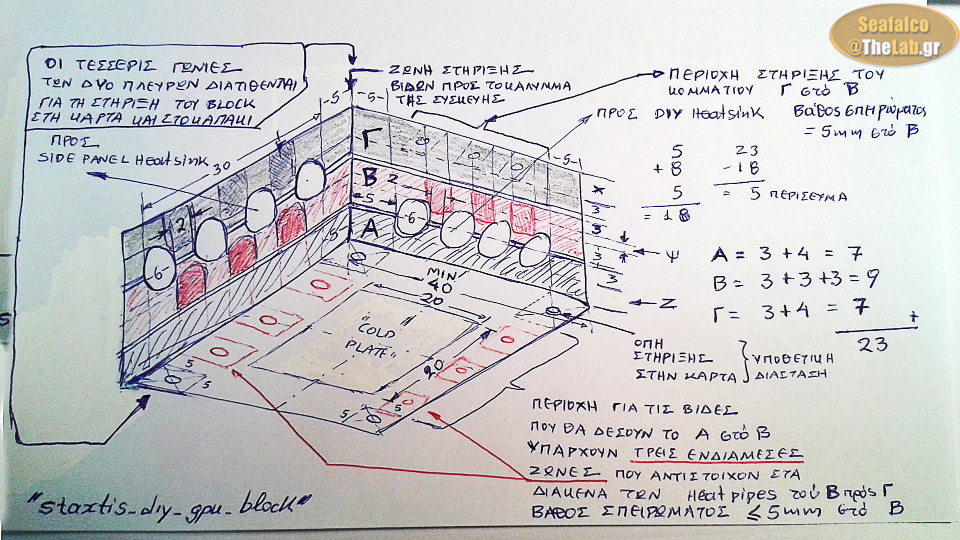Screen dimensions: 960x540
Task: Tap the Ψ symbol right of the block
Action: pos(673,257)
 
